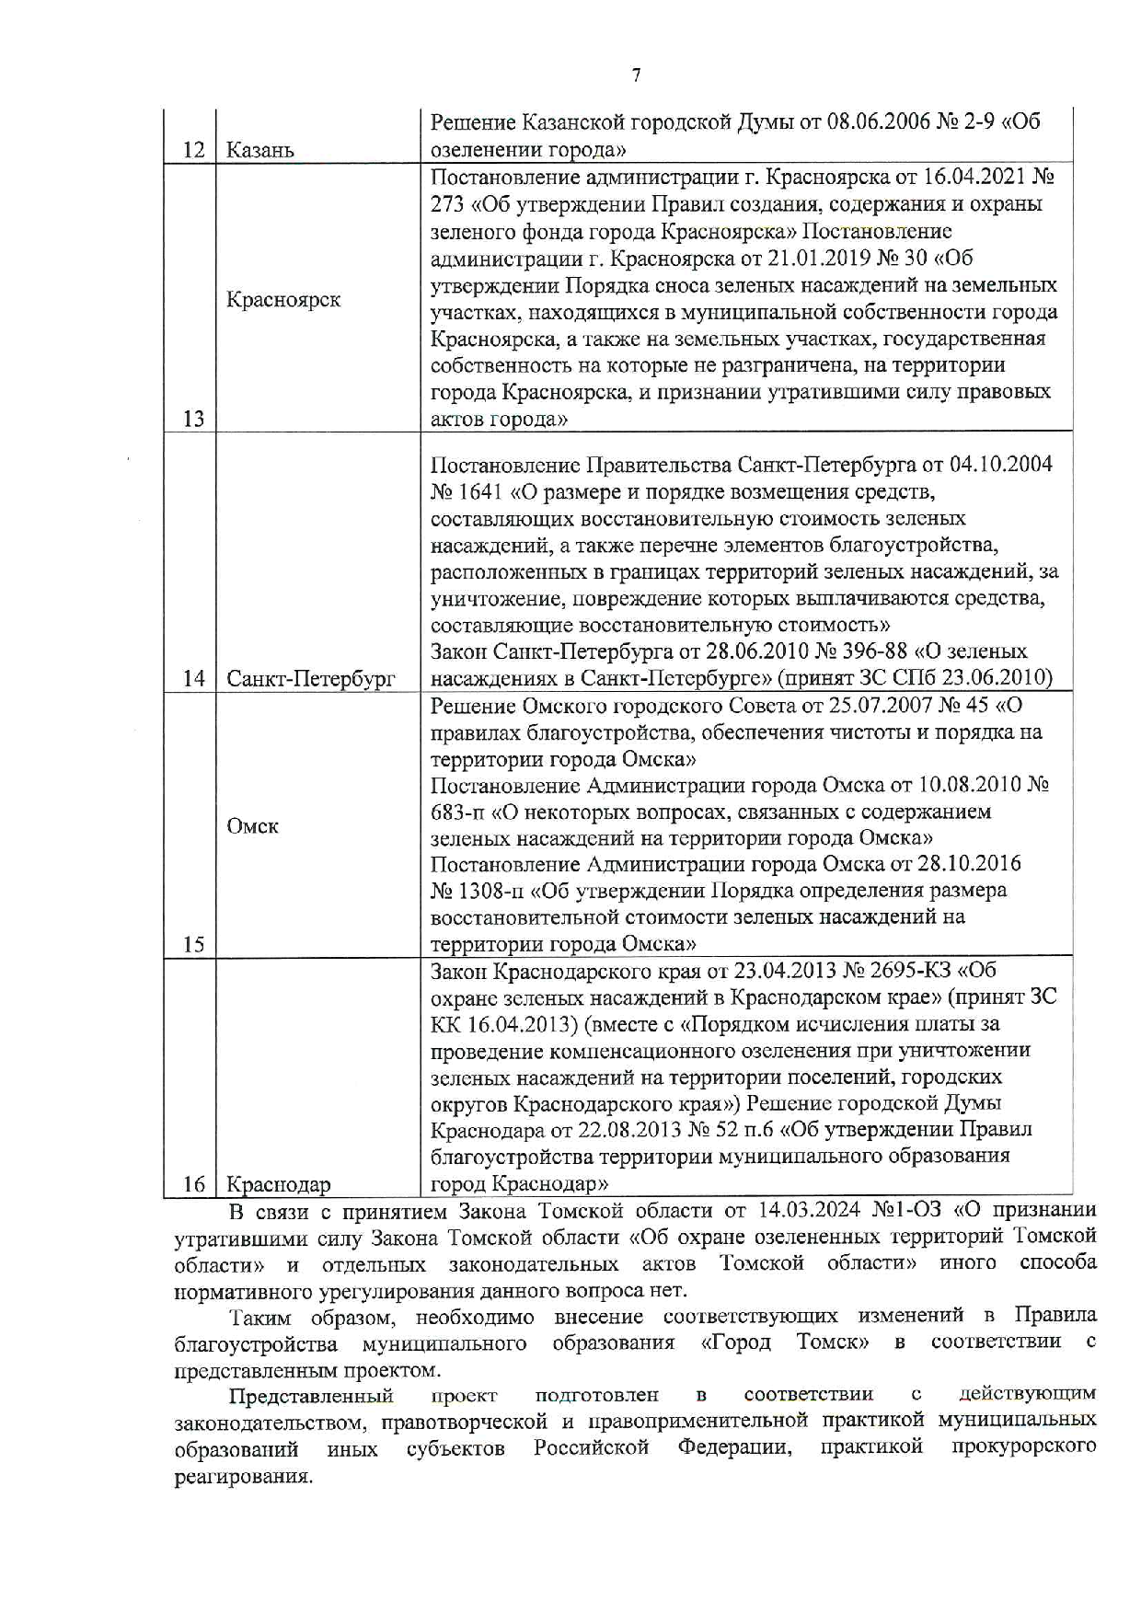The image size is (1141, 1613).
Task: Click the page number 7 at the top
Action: [x=636, y=76]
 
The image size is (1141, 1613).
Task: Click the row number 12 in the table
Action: [x=193, y=150]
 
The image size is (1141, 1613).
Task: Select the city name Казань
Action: [x=260, y=150]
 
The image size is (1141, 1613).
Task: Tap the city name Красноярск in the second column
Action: [x=283, y=300]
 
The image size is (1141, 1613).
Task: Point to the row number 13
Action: [x=193, y=419]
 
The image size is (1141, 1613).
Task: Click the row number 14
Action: [x=193, y=679]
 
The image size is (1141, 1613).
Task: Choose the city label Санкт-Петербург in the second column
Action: [x=311, y=679]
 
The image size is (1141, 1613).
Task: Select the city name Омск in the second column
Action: [x=252, y=826]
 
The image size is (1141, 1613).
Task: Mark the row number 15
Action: [x=193, y=944]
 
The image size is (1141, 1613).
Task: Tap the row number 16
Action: [x=193, y=1184]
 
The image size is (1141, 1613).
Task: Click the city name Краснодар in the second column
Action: [x=279, y=1184]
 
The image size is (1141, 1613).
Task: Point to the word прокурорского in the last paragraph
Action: [x=1023, y=1446]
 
